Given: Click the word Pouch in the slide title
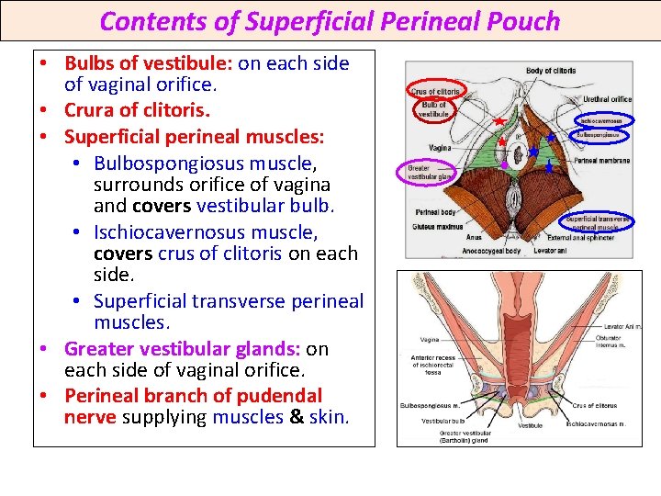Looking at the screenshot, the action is click(521, 21).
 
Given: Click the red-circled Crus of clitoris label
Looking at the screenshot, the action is click(434, 91).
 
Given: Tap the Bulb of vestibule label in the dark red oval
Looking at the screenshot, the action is click(432, 108).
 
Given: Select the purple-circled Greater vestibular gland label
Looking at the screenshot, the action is click(426, 172).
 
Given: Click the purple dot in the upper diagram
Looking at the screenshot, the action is click(504, 165).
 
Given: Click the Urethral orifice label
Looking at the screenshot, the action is click(607, 99).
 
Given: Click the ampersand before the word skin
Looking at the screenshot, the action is click(297, 418).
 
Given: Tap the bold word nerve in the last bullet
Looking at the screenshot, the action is click(90, 418).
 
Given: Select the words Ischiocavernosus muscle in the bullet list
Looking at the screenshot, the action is click(205, 232).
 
